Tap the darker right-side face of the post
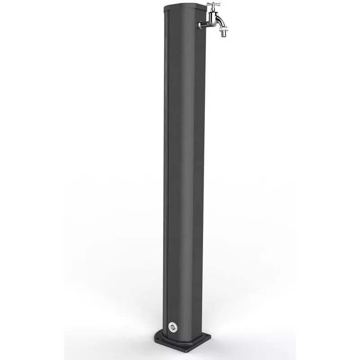[x=198, y=180]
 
